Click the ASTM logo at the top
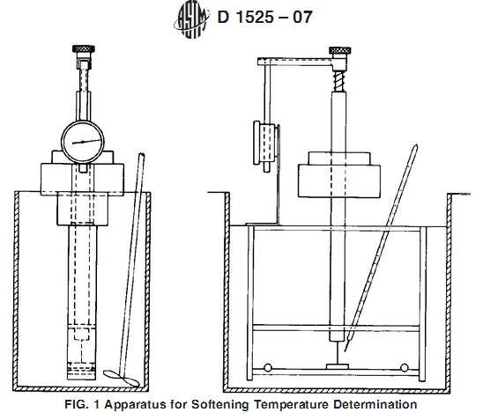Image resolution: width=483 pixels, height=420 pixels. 191,20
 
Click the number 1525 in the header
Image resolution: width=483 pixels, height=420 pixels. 254,17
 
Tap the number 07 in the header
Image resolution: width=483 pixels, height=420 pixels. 302,17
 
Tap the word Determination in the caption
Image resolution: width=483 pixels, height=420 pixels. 375,404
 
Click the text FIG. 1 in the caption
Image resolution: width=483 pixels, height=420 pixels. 82,404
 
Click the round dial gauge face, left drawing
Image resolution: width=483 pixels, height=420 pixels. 83,142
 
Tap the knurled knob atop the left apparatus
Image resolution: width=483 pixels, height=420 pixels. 84,48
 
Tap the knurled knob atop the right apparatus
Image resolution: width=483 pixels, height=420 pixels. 340,50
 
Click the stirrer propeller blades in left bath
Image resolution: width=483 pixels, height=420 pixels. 122,378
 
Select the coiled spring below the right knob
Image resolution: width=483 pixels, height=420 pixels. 339,81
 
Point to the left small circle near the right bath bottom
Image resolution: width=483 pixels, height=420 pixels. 268,367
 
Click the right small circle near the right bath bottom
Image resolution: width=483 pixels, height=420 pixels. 405,367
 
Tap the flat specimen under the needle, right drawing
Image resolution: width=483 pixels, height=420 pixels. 338,366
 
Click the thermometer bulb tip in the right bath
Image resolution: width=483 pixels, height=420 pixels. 346,350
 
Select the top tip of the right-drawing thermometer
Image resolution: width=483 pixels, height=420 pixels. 417,145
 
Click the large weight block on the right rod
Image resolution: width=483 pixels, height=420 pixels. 339,181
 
